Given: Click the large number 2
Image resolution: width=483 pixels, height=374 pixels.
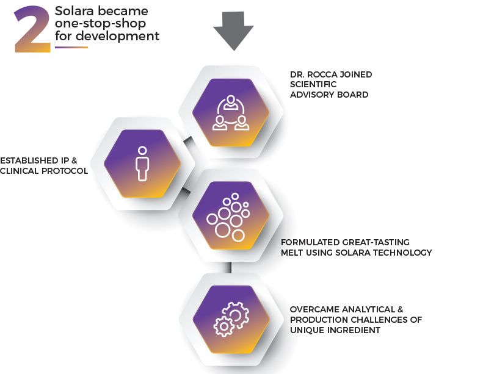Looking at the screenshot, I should [x=32, y=29].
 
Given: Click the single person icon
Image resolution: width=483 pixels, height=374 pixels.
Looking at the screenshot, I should [x=143, y=163].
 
